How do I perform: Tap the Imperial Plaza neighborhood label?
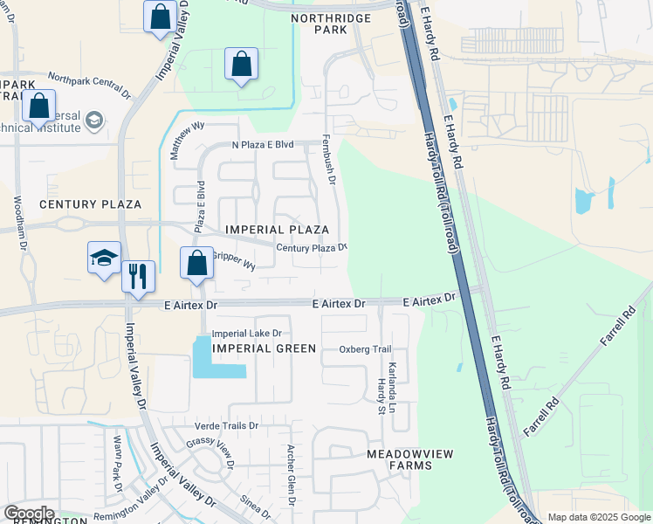pyautogui.click(x=277, y=230)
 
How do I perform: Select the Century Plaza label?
pyautogui.click(x=90, y=204)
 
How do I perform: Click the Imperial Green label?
pyautogui.click(x=264, y=348)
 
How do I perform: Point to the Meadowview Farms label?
pyautogui.click(x=399, y=459)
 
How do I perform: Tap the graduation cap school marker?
pyautogui.click(x=104, y=258)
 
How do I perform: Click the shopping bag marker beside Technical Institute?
pyautogui.click(x=38, y=106)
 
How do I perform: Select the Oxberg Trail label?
pyautogui.click(x=365, y=349)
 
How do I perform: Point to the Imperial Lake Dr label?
pyautogui.click(x=247, y=334)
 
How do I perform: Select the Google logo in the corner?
pyautogui.click(x=29, y=514)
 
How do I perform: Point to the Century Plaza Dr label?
pyautogui.click(x=312, y=248)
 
